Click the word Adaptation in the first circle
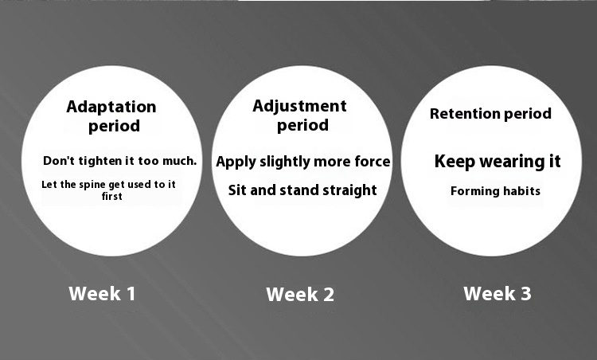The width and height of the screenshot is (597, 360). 111,107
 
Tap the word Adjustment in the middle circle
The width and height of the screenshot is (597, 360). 299,107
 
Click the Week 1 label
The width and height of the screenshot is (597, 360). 102,294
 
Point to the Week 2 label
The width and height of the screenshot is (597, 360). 300,295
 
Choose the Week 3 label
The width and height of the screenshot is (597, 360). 497,294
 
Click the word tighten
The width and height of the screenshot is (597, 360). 99,161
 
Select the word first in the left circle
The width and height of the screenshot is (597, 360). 112,196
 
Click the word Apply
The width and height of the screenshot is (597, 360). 236,162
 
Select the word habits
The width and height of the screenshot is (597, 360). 521,191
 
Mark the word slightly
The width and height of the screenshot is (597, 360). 285,162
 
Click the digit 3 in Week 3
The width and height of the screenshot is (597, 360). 526,294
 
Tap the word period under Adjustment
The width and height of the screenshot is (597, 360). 302,125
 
